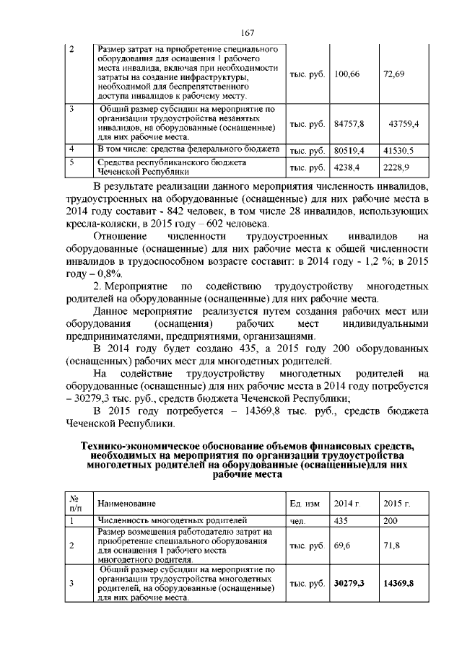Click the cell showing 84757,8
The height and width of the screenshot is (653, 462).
click(x=349, y=124)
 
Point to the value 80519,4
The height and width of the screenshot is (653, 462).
click(x=349, y=151)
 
